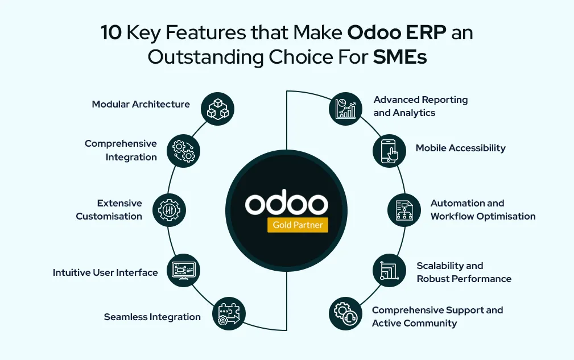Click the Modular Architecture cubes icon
coord(218,109)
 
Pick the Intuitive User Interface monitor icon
coord(183,270)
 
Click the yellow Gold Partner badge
coord(298,225)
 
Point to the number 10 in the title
coord(111,33)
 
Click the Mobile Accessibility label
coord(460,148)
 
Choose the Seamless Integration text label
coord(152,317)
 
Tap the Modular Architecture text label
coord(141,104)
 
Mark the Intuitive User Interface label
coord(105,272)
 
